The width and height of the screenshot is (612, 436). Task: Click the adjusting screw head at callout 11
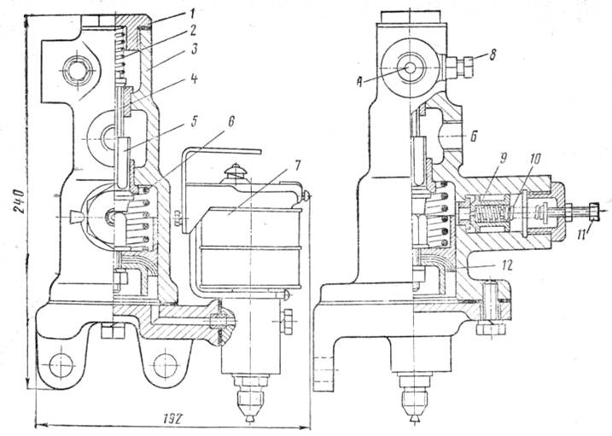tap(592, 209)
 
